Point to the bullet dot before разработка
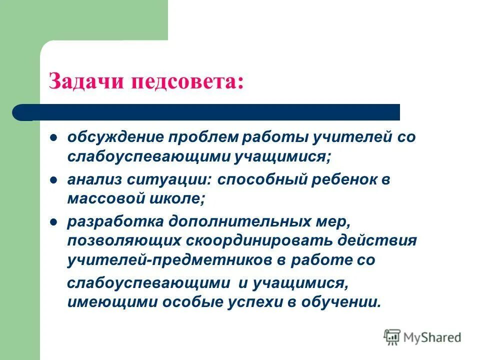point(53,221)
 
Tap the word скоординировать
point(255,240)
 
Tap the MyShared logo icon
point(392,337)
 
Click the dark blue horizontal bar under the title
point(210,112)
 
